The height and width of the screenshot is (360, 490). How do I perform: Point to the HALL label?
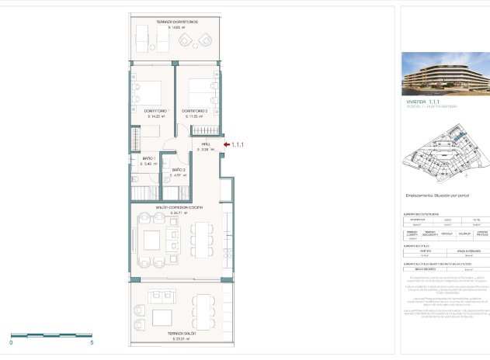[x=206, y=144]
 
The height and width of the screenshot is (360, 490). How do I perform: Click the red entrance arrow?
[x=226, y=144]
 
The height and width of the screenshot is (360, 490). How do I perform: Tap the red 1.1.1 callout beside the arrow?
[x=238, y=144]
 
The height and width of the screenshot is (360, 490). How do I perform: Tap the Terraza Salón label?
[x=180, y=334]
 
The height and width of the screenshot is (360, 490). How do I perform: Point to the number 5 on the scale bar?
[x=92, y=341]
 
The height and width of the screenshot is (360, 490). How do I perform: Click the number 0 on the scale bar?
[x=11, y=341]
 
